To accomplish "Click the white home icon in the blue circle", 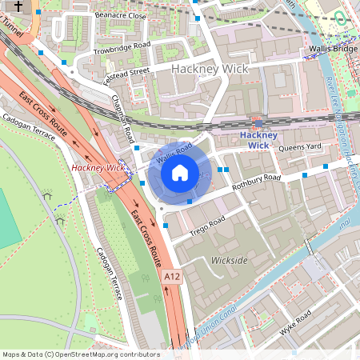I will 180,171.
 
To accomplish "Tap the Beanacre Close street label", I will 120,15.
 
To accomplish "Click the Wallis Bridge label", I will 334,49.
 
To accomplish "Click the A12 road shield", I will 172,276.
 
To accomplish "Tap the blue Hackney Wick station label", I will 258,140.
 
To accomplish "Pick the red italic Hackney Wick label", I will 98,168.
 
